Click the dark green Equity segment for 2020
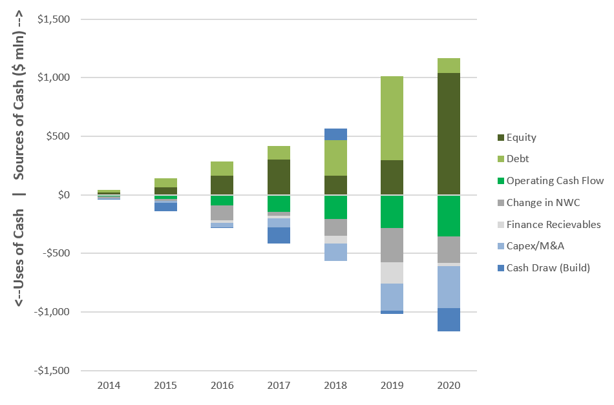[449, 134]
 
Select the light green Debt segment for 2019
[392, 118]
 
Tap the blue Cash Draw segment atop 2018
[335, 134]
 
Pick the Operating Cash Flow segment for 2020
[449, 216]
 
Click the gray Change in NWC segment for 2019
[392, 245]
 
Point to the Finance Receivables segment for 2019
[392, 273]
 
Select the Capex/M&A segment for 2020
[449, 287]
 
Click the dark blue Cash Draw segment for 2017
[279, 235]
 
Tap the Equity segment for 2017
[279, 177]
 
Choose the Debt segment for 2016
[222, 169]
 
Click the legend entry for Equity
[517, 138]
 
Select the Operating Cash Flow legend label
[555, 181]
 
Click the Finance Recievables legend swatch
[501, 225]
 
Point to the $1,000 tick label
[54, 78]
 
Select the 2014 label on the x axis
[109, 386]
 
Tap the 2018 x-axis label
[335, 386]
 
